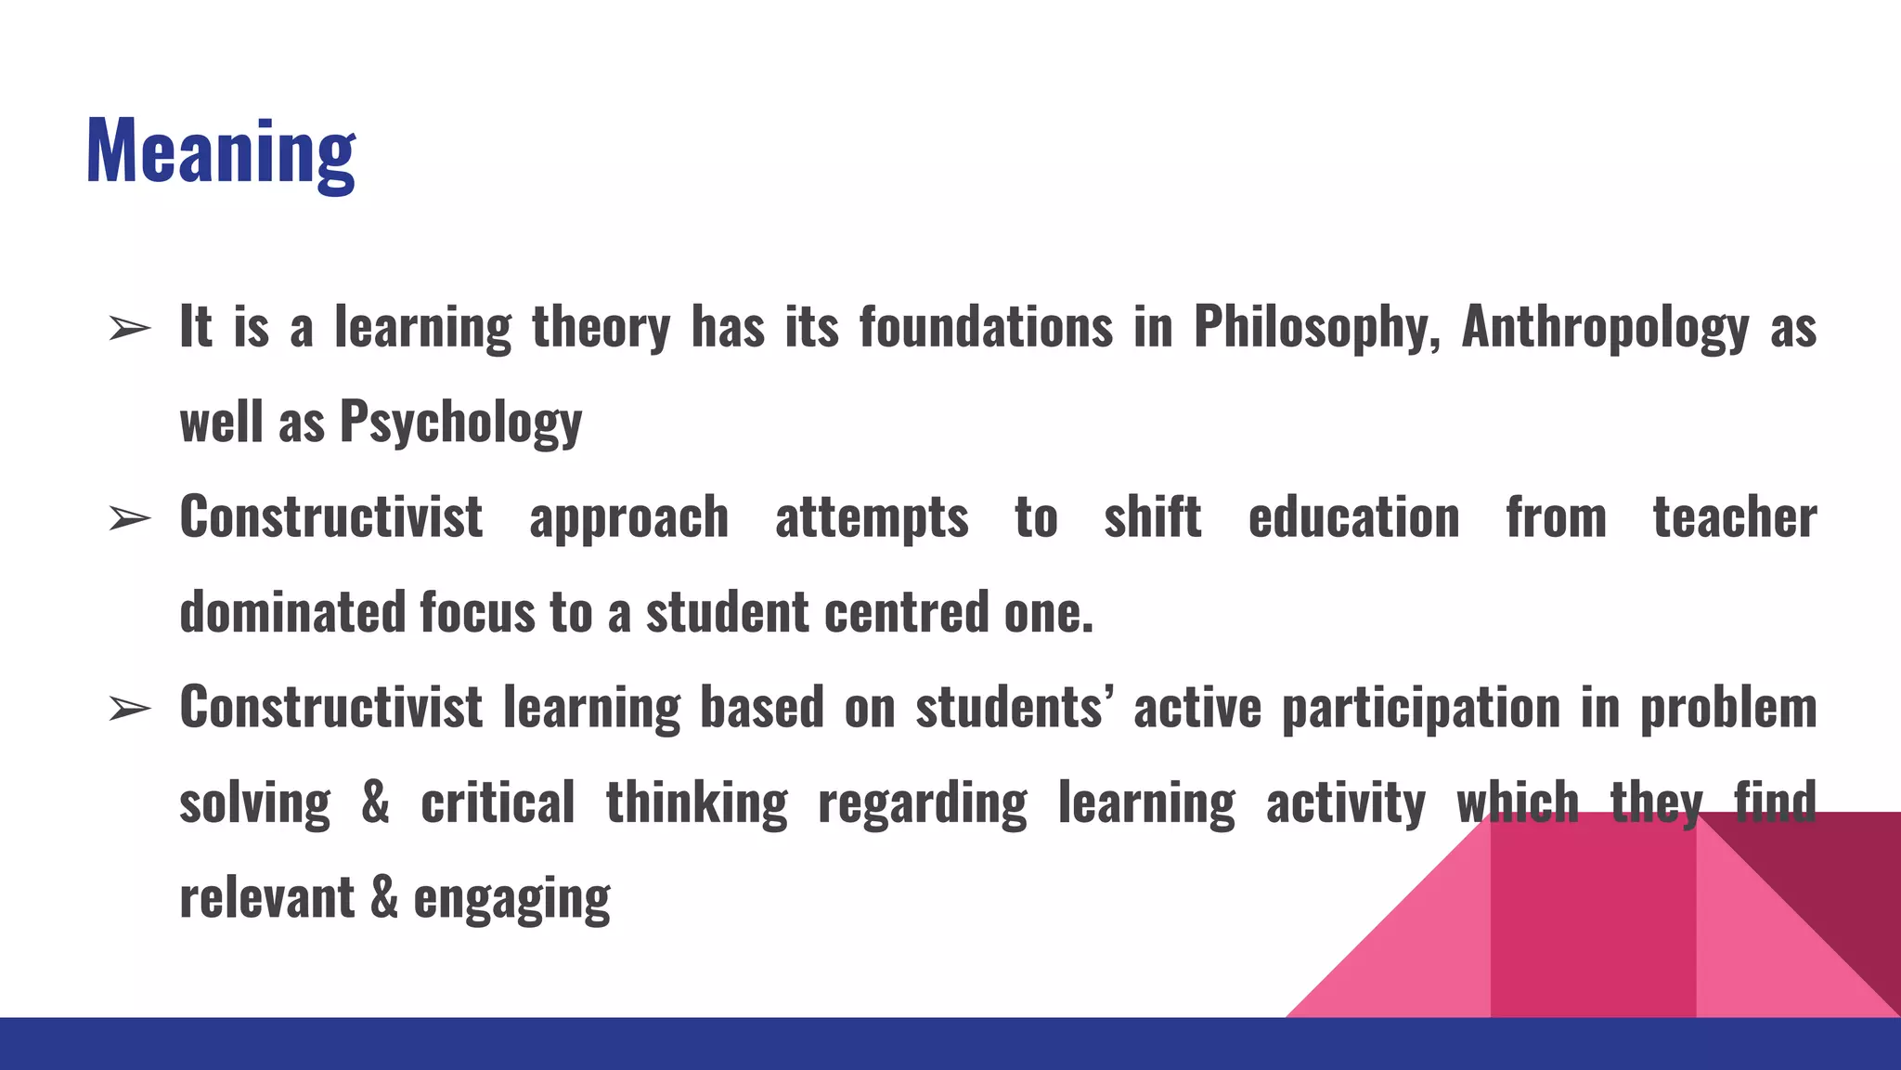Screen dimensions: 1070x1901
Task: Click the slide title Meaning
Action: [220, 151]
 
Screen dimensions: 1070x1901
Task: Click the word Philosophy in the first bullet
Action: [1316, 327]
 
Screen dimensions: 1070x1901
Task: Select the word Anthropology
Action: [1605, 327]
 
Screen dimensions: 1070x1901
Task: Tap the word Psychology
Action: [460, 423]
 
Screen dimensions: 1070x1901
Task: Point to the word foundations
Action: [986, 327]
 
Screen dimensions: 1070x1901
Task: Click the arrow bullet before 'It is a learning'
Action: [129, 328]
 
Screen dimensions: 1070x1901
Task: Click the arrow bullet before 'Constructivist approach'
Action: [129, 518]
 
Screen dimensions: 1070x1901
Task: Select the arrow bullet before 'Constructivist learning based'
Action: [129, 709]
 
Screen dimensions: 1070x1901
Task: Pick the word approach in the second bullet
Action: [628, 518]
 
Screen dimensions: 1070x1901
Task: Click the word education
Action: [1353, 517]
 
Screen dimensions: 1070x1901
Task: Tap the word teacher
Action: [1734, 517]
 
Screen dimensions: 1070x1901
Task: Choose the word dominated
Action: [292, 613]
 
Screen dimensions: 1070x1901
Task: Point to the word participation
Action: [1421, 709]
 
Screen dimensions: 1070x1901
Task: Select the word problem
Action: [1728, 709]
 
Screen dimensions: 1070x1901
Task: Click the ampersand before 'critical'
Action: [375, 802]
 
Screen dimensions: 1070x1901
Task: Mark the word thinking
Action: [696, 803]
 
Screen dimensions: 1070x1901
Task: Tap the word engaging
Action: [511, 899]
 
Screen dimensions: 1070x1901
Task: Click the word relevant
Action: [267, 898]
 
